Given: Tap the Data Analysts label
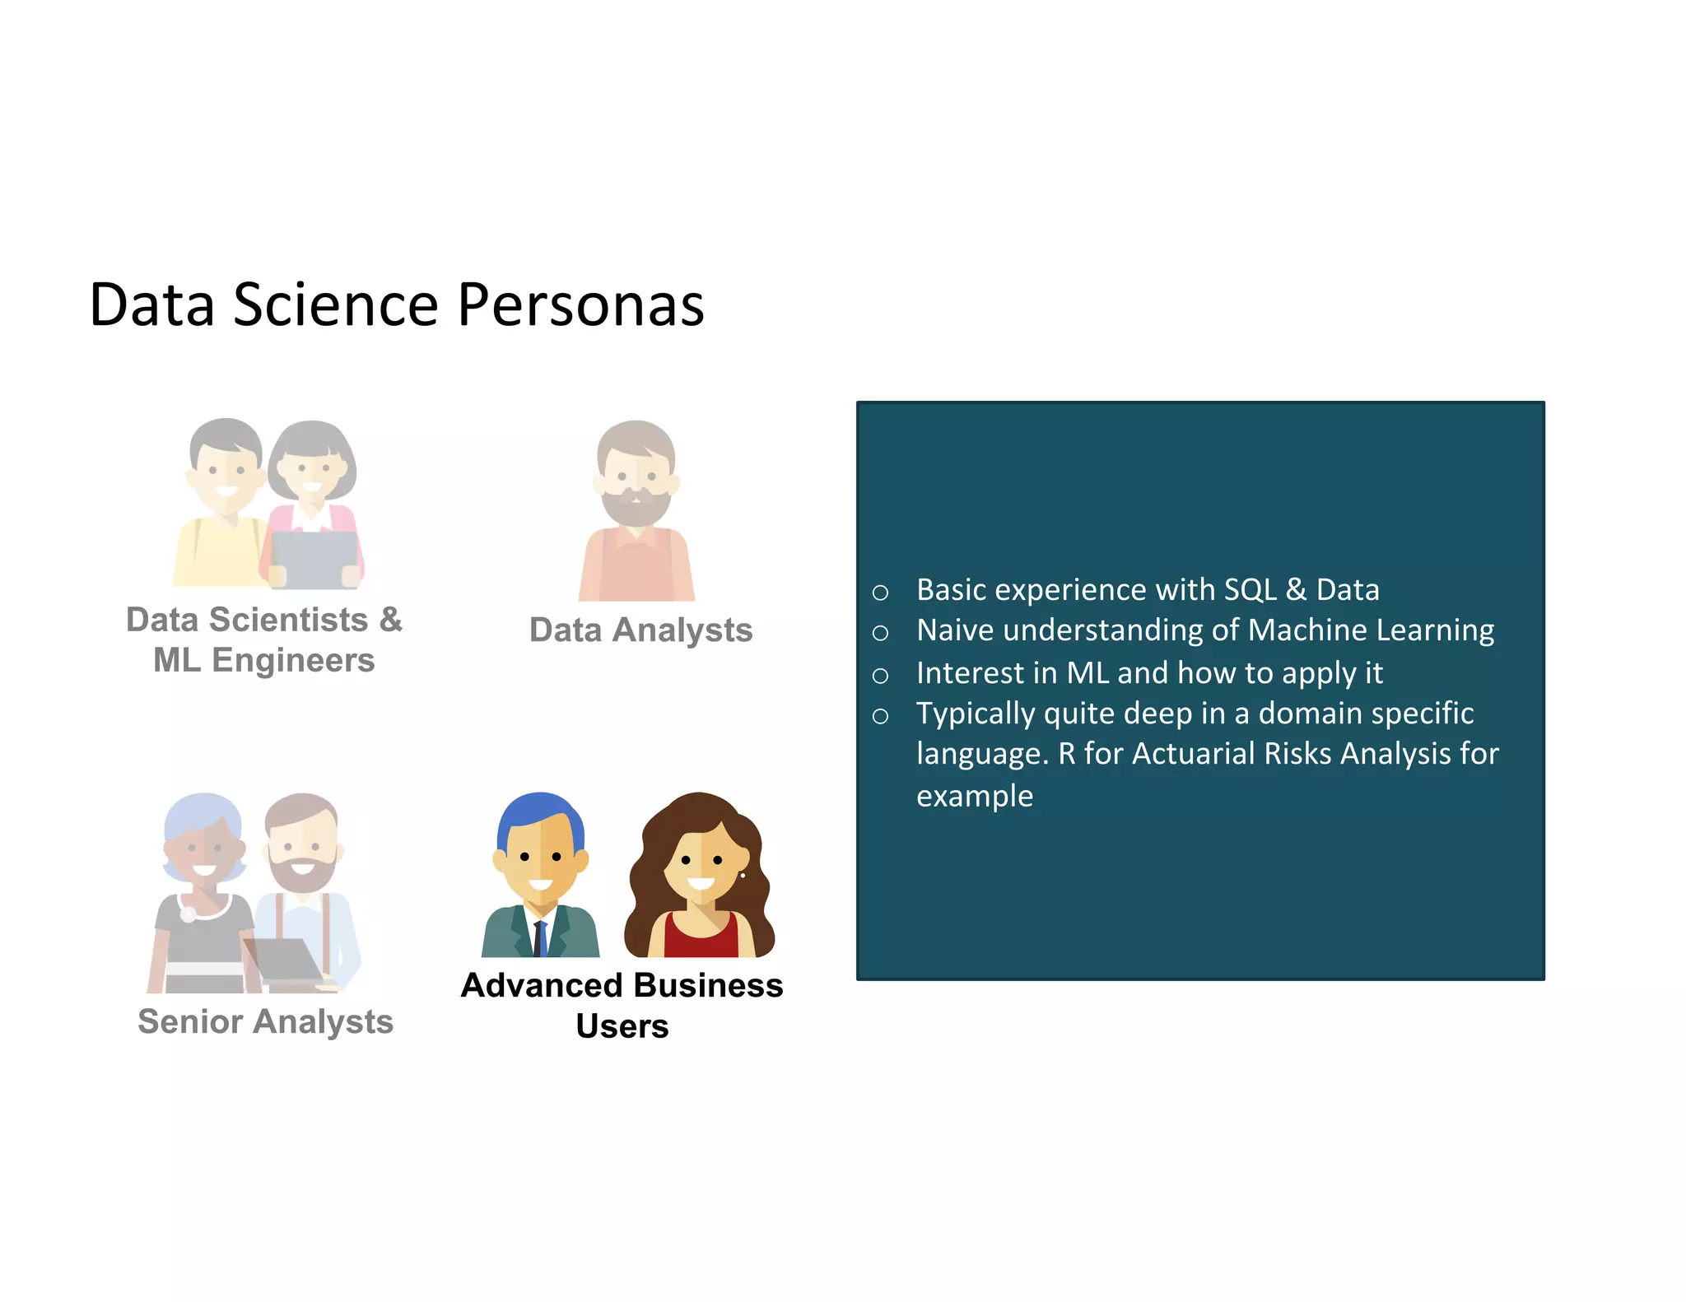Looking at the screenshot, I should click(x=640, y=630).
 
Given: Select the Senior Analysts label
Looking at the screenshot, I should click(x=265, y=1022).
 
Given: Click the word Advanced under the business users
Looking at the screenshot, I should click(x=542, y=986).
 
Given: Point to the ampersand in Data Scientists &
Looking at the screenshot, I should click(x=390, y=620).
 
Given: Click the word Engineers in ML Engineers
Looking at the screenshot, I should click(x=293, y=661).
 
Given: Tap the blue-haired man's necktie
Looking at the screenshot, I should click(x=540, y=938).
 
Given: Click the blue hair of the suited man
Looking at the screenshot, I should click(x=539, y=811).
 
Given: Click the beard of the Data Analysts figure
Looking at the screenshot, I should click(x=635, y=507).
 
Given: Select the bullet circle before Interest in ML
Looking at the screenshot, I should click(x=880, y=676).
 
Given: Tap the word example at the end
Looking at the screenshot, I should click(x=974, y=796).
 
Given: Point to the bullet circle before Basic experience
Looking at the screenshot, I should click(x=880, y=592).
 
